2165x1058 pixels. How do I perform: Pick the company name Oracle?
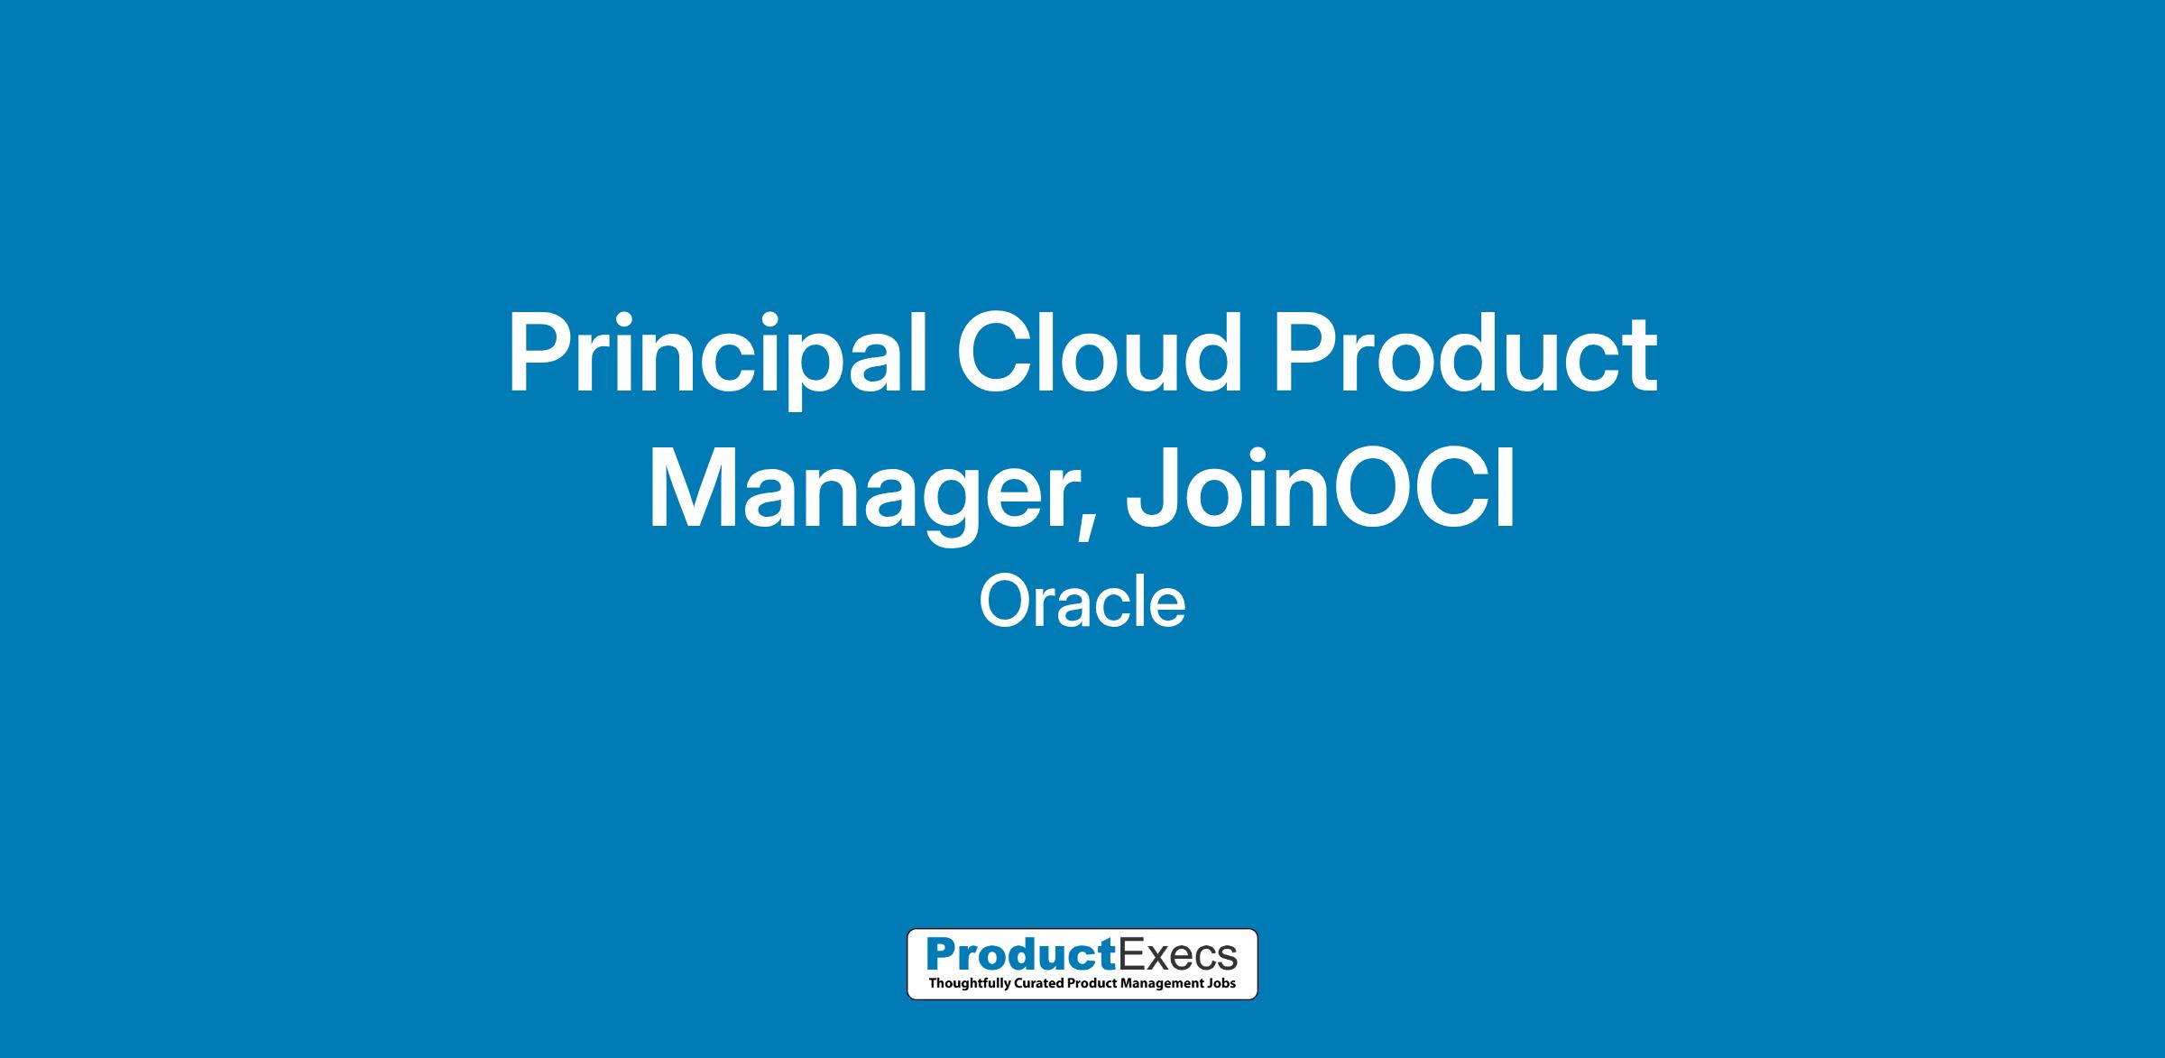1082,603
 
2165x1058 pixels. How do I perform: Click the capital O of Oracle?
1007,603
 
